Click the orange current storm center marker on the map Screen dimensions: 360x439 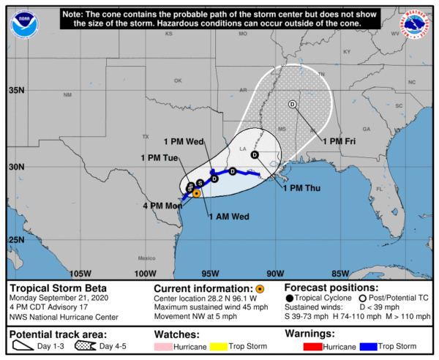[x=197, y=192]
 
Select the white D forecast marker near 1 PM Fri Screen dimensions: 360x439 [x=292, y=104]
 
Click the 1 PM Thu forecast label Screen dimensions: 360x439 [x=304, y=188]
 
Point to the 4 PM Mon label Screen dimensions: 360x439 [x=160, y=207]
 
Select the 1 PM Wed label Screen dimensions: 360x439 [x=184, y=141]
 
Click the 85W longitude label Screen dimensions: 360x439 [x=340, y=274]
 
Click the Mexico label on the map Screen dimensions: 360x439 [x=147, y=258]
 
